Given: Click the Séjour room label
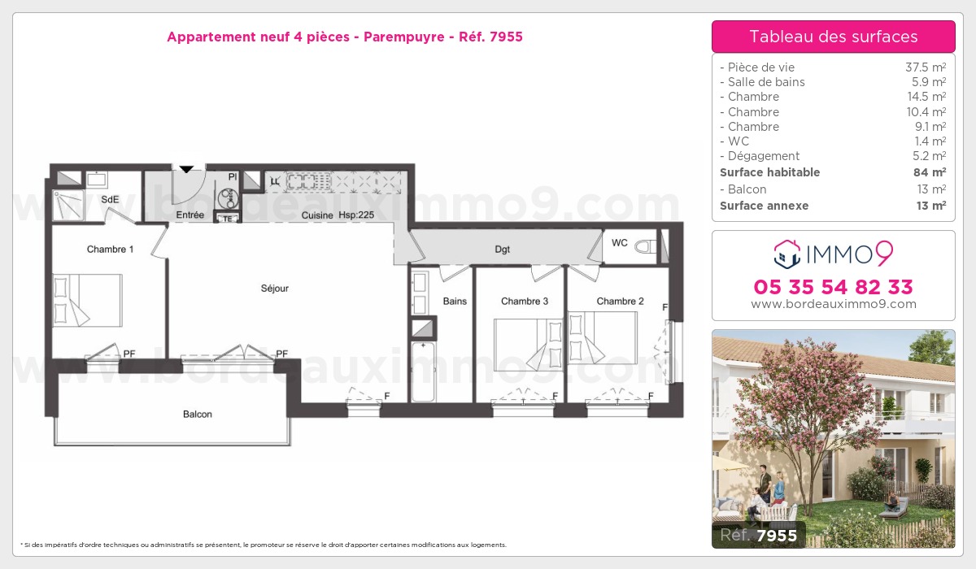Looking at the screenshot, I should coord(274,289).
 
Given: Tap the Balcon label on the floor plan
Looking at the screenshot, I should coord(197,415).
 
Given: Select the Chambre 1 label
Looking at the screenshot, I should coord(111,250).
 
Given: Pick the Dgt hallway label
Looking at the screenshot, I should coord(502,250).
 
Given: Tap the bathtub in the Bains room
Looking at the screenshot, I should coord(423,371).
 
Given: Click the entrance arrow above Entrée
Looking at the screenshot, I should coord(186,169).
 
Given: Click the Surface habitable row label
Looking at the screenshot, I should coord(769,172).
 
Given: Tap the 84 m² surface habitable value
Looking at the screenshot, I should coord(928,172).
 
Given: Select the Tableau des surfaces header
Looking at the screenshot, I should coord(833,37).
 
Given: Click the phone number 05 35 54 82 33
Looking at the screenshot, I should coord(833,287).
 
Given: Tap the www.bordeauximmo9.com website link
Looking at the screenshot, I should coord(833,304).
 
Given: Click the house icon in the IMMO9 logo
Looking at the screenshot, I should coord(786,254).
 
